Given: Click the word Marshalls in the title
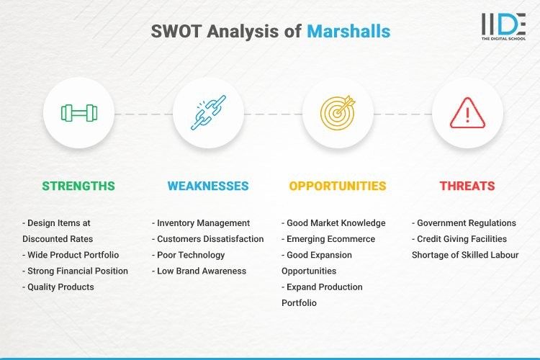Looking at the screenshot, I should coord(348,32).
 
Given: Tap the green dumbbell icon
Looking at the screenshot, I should coord(78,113).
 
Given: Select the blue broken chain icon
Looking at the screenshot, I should coord(208,113).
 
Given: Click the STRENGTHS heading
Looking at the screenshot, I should coord(78,186).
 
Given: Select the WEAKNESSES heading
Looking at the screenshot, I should coord(208,186).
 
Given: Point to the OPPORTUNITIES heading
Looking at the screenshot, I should coord(338,186).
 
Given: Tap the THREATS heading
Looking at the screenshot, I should coord(467,186).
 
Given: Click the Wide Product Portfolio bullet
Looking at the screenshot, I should coord(71,255).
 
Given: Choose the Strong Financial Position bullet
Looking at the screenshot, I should coord(75,271).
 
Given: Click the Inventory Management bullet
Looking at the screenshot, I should coord(201,223).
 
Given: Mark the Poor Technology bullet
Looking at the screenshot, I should coord(189,255).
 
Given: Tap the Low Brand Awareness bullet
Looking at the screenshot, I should coord(199,271).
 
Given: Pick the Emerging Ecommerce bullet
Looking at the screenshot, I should coord(329,239).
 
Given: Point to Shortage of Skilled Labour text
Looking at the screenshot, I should coord(464,255).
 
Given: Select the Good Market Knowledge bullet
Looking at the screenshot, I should coord(333,223).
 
